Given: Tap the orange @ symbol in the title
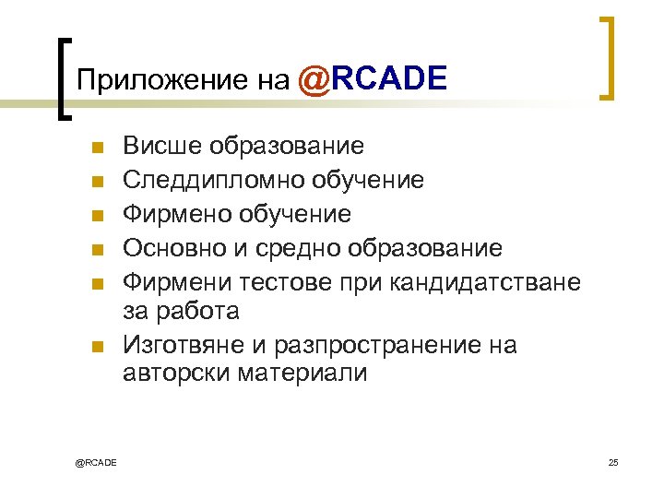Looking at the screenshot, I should pyautogui.click(x=313, y=79).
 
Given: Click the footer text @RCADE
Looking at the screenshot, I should pyautogui.click(x=96, y=462).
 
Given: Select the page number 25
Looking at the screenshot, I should pyautogui.click(x=613, y=462).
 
